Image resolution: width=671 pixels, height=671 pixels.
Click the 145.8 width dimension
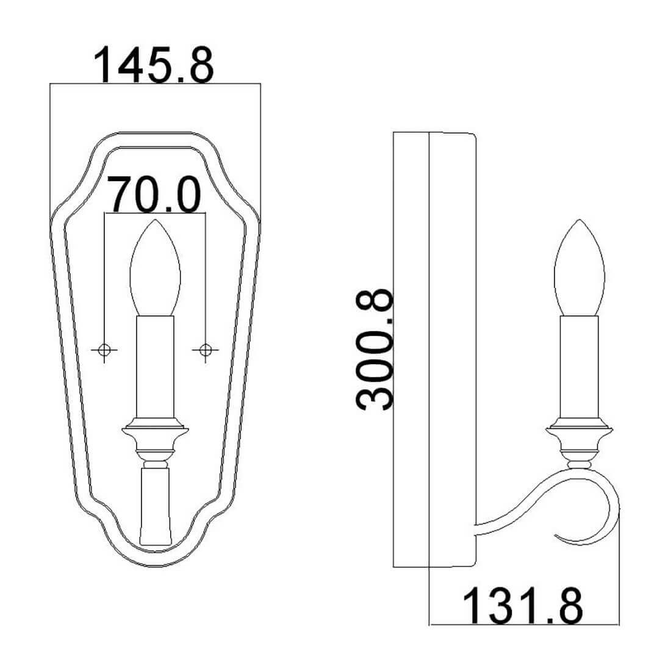coord(153,65)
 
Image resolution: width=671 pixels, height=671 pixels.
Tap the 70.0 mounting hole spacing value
coord(154,195)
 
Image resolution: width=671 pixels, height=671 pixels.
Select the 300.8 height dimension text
coord(374,349)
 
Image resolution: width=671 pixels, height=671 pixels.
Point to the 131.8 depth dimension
coord(523,606)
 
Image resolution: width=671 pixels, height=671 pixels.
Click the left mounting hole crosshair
coord(104,350)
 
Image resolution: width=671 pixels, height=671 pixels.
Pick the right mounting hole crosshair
coord(206,350)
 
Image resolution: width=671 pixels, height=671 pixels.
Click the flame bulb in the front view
coord(155,268)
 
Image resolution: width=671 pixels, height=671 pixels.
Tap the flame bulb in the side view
coord(579,268)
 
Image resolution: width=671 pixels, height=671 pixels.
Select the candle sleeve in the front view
coord(155,367)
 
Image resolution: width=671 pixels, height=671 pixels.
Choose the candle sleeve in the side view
coord(579,367)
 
